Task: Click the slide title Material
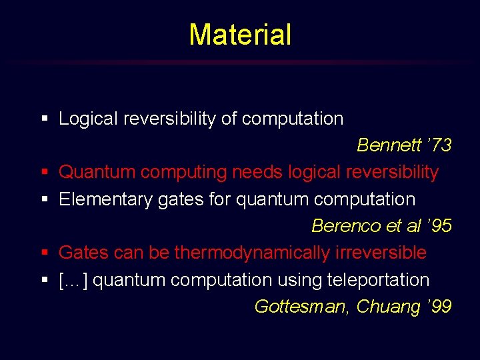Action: [240, 35]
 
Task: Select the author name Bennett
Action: [385, 145]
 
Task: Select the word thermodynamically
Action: [252, 253]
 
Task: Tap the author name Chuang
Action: [387, 307]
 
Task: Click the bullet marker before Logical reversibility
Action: [45, 120]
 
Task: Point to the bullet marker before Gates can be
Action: [45, 253]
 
